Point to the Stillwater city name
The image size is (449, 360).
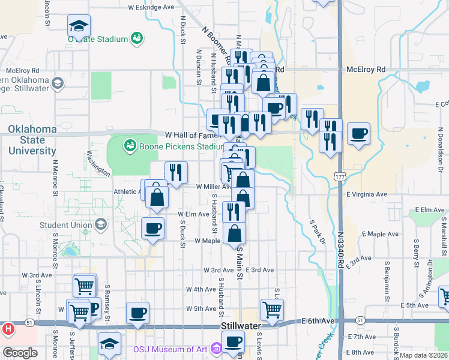[241, 326]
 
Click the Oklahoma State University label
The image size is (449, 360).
[32, 140]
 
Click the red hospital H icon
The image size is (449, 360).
[8, 329]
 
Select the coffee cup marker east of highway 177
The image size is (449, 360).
[358, 134]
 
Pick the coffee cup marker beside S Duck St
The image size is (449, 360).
[152, 228]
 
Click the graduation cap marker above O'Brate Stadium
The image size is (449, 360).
[79, 26]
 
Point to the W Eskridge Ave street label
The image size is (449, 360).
[151, 8]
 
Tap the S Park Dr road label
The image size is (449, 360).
[317, 230]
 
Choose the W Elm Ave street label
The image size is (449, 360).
[193, 214]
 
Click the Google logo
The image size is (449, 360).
[20, 353]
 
